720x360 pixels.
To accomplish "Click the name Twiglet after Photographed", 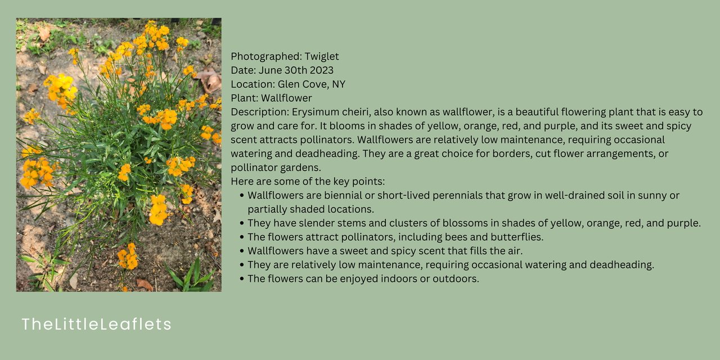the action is coord(321,57).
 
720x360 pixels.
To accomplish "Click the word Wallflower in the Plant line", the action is coord(286,98).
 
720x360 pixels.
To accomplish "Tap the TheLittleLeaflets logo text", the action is coord(96,324).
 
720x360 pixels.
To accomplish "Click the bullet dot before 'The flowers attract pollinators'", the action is coord(242,237).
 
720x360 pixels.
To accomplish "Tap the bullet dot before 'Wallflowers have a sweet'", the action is coord(242,251).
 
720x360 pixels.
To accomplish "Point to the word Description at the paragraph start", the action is coord(260,112).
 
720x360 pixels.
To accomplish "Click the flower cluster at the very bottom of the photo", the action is coord(128,256).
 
